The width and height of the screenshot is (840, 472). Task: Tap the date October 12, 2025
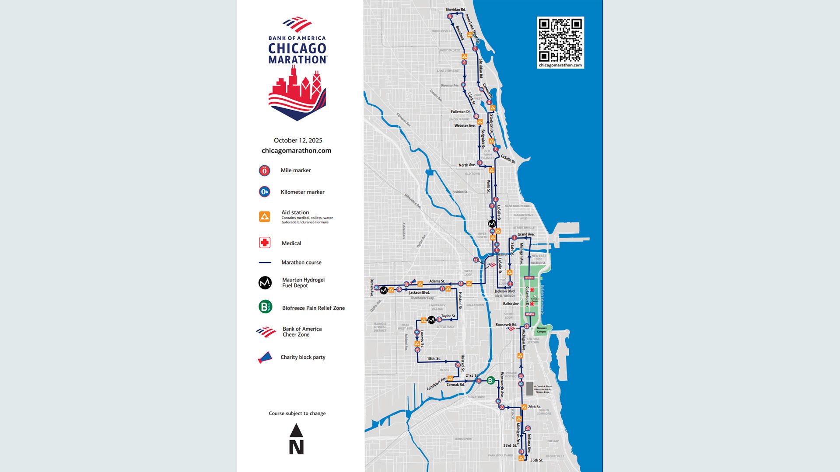[x=298, y=140]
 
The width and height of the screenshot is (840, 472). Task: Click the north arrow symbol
[x=296, y=439]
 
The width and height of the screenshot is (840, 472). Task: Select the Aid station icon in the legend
[x=264, y=217]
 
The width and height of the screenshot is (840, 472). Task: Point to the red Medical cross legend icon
[x=265, y=243]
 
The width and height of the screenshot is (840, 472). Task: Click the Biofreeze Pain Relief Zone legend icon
[x=265, y=307]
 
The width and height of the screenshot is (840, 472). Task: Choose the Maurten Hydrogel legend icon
[x=265, y=283]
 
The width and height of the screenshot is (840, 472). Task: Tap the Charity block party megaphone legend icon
[x=265, y=358]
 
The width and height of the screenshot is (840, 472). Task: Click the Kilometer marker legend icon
[x=264, y=192]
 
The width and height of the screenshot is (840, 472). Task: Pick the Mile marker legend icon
[x=264, y=170]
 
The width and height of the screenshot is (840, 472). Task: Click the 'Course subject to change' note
[x=297, y=413]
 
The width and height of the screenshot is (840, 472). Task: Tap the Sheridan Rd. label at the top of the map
[x=455, y=10]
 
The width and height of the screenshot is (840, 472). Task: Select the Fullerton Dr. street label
[x=461, y=112]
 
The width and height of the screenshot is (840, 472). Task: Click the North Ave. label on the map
[x=467, y=165]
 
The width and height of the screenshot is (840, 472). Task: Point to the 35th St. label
[x=536, y=460]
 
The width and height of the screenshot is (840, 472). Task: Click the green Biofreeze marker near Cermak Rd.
[x=491, y=381]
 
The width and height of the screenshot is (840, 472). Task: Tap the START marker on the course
[x=529, y=278]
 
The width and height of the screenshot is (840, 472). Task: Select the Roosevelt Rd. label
[x=506, y=325]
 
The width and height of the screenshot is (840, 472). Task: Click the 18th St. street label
[x=434, y=358]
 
